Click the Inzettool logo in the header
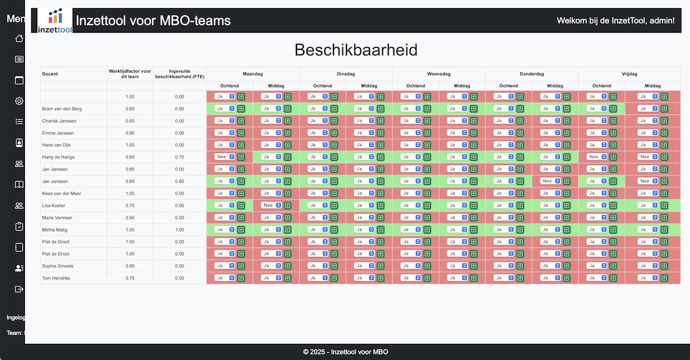(x=55, y=21)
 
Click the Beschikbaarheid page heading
(x=356, y=50)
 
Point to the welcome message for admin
(x=615, y=21)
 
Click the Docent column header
(x=50, y=74)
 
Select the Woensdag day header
(x=439, y=74)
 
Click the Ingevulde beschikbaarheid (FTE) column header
(x=179, y=74)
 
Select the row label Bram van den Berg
(x=62, y=109)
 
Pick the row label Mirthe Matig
(x=54, y=229)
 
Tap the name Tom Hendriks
(x=56, y=278)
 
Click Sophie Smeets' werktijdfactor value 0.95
(x=130, y=266)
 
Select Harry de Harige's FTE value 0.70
(x=179, y=157)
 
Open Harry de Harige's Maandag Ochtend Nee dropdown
(x=224, y=156)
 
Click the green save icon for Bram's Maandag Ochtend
(x=241, y=109)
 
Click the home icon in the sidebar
(x=20, y=38)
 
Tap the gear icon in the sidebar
(x=20, y=101)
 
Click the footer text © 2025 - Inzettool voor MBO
(x=345, y=352)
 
